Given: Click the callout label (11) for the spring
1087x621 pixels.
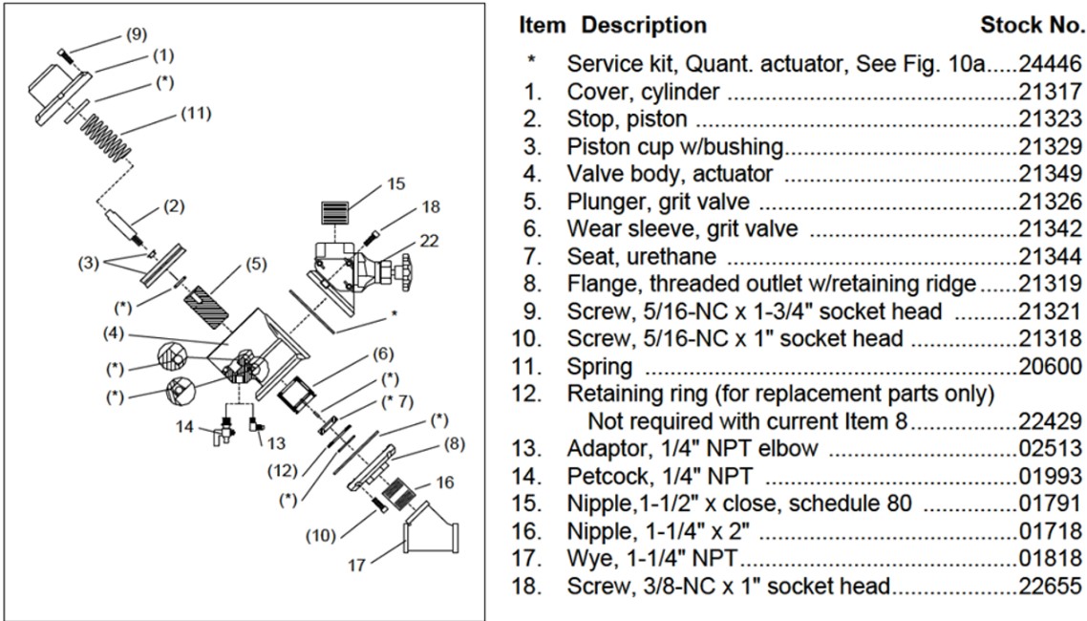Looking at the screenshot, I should click(196, 116).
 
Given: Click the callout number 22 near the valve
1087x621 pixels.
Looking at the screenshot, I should click(430, 241).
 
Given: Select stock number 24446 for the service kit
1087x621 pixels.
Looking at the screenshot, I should click(1050, 65).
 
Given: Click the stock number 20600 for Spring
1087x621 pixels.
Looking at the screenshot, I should click(1050, 366).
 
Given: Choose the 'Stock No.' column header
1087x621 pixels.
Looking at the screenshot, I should click(1031, 25).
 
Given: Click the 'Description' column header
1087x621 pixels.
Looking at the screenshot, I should click(644, 25).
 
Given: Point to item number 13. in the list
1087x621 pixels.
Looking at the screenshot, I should click(532, 448).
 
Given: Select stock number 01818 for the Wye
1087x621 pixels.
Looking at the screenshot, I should click(1050, 558).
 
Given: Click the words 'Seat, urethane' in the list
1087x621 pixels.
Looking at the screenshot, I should click(641, 256).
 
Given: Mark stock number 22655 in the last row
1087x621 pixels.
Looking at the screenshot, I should click(1050, 586).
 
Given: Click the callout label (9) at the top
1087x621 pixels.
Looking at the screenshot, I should click(137, 35).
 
